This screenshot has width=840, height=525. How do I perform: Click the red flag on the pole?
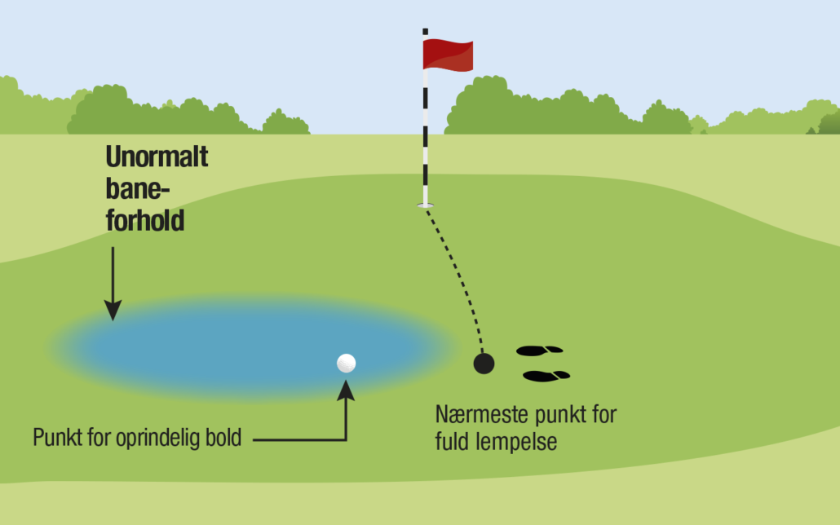tap(448, 55)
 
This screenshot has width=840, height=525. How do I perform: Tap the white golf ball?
tap(346, 364)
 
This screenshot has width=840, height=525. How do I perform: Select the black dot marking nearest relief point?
tap(484, 364)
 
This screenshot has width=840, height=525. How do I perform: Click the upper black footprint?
tap(539, 351)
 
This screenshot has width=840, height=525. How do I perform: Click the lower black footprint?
tap(546, 376)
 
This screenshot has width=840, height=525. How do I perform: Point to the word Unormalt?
tap(157, 157)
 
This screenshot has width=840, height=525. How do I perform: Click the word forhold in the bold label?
tap(145, 220)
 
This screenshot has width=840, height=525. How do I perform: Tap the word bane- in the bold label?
tap(138, 188)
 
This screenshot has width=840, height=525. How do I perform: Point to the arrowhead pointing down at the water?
tap(113, 311)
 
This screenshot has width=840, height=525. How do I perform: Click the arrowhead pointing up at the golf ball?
tap(346, 390)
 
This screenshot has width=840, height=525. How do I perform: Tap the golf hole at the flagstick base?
tap(426, 205)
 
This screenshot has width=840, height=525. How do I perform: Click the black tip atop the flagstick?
tap(426, 32)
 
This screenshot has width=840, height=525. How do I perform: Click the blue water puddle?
tap(252, 347)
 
